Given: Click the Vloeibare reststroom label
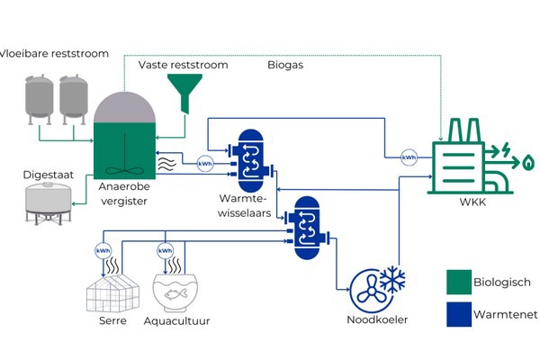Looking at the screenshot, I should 55,54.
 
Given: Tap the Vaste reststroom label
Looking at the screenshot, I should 183,66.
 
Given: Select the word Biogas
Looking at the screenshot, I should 287,66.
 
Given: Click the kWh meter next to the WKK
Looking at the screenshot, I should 409,157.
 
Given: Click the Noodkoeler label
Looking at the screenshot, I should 378,320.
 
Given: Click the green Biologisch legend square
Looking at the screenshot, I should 458,283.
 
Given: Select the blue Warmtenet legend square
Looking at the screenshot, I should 458,314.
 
